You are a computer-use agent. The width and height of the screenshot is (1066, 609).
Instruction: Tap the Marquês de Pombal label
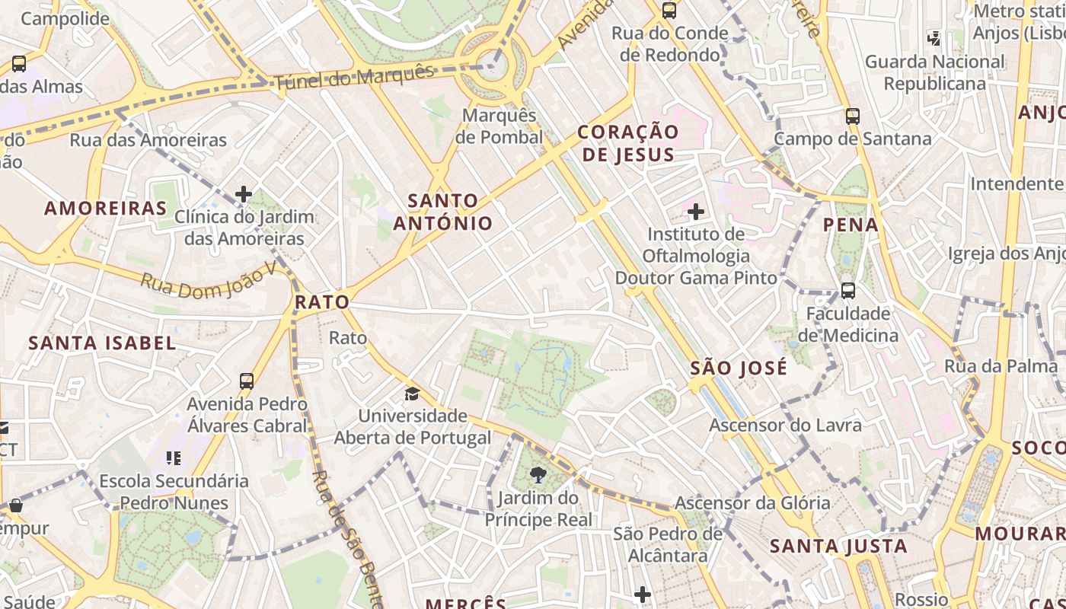499,126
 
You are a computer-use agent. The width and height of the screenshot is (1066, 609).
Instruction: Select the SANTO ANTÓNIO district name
443,212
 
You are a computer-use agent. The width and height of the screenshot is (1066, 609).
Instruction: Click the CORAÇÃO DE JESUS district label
627,142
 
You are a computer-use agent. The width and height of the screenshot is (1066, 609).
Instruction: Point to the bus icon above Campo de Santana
852,116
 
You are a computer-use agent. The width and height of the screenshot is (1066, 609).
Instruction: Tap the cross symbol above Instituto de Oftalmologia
695,212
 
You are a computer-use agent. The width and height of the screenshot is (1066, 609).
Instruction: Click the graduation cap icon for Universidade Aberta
412,394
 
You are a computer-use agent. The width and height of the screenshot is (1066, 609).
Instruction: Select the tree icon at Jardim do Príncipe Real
538,476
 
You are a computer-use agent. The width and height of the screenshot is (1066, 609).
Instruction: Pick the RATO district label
322,302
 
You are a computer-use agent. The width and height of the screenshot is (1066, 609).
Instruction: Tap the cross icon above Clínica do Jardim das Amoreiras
244,194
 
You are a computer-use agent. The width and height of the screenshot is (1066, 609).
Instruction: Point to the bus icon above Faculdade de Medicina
847,290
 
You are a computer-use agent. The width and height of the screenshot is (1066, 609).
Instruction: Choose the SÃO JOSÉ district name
738,369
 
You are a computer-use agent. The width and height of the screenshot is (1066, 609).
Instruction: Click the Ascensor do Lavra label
785,425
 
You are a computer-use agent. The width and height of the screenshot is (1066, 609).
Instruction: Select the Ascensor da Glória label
752,502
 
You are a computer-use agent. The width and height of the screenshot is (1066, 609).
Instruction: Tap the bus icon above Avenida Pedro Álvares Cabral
247,381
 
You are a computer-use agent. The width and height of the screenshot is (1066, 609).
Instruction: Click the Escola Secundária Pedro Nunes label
174,492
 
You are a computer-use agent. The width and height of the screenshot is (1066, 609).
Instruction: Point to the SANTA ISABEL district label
102,343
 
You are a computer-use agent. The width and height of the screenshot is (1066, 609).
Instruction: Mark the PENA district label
851,225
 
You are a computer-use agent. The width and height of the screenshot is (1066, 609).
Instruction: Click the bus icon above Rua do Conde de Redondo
669,11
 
